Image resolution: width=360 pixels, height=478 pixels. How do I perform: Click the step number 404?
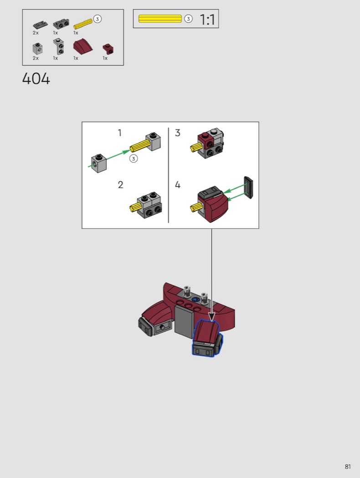pyautogui.click(x=36, y=79)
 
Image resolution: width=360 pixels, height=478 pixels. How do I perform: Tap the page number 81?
pyautogui.click(x=348, y=467)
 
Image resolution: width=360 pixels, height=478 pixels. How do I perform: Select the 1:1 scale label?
pyautogui.click(x=207, y=20)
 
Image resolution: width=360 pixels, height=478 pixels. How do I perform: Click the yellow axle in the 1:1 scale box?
pyautogui.click(x=160, y=19)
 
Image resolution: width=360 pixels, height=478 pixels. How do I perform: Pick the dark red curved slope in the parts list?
pyautogui.click(x=82, y=46)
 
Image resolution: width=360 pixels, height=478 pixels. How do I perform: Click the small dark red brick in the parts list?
pyautogui.click(x=108, y=48)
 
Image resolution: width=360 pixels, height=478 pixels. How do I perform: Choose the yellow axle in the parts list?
pyautogui.click(x=83, y=24)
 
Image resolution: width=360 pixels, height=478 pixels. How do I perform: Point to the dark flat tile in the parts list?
pyautogui.click(x=40, y=25)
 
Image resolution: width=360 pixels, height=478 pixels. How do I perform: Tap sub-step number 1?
pyautogui.click(x=119, y=133)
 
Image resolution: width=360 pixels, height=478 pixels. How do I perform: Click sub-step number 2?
pyautogui.click(x=120, y=185)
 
